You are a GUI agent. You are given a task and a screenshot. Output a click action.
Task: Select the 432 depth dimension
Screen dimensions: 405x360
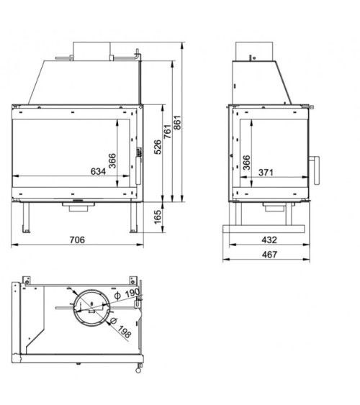269,240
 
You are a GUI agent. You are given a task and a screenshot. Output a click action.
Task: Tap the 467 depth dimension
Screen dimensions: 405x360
269,254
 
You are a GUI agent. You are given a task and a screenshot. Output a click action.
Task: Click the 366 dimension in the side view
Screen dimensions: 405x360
246,163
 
